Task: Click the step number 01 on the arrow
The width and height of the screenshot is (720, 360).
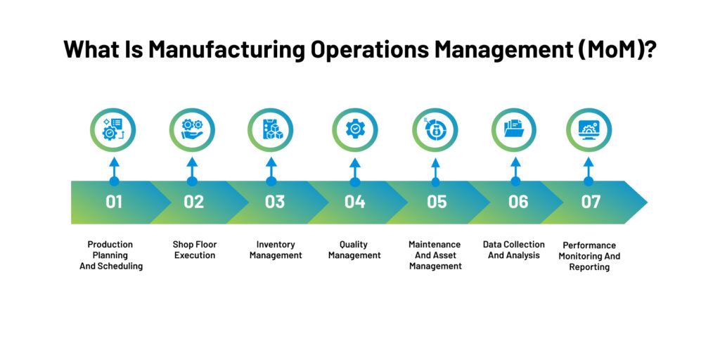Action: pos(114,202)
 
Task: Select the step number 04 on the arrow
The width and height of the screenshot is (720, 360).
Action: pos(355,202)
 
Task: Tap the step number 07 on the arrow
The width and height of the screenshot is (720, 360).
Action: pos(591,202)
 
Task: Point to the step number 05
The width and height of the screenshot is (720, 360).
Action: pos(437,202)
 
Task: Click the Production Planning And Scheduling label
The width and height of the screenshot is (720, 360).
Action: pos(110,255)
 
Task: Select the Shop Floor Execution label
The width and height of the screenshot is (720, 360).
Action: pos(195,250)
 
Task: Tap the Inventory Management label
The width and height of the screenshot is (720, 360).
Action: pos(275,250)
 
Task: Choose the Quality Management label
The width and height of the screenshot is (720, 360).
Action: pos(354,250)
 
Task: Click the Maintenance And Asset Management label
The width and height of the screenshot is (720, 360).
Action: pos(435,255)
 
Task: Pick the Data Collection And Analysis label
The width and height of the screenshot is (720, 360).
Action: pos(514,250)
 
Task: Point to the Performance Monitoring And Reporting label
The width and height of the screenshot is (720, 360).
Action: pos(589,256)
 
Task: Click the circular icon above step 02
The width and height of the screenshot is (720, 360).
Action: pos(192,130)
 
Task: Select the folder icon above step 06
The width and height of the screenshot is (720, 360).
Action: pos(515,130)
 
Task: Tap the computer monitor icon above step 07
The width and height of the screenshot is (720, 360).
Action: pos(589,130)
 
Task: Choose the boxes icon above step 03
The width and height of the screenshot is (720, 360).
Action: pos(271,130)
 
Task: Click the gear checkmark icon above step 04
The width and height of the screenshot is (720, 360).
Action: pos(355,130)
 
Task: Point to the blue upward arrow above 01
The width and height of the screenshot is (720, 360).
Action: pos(113,169)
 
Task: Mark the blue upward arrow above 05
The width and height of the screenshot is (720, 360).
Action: pos(435,169)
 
